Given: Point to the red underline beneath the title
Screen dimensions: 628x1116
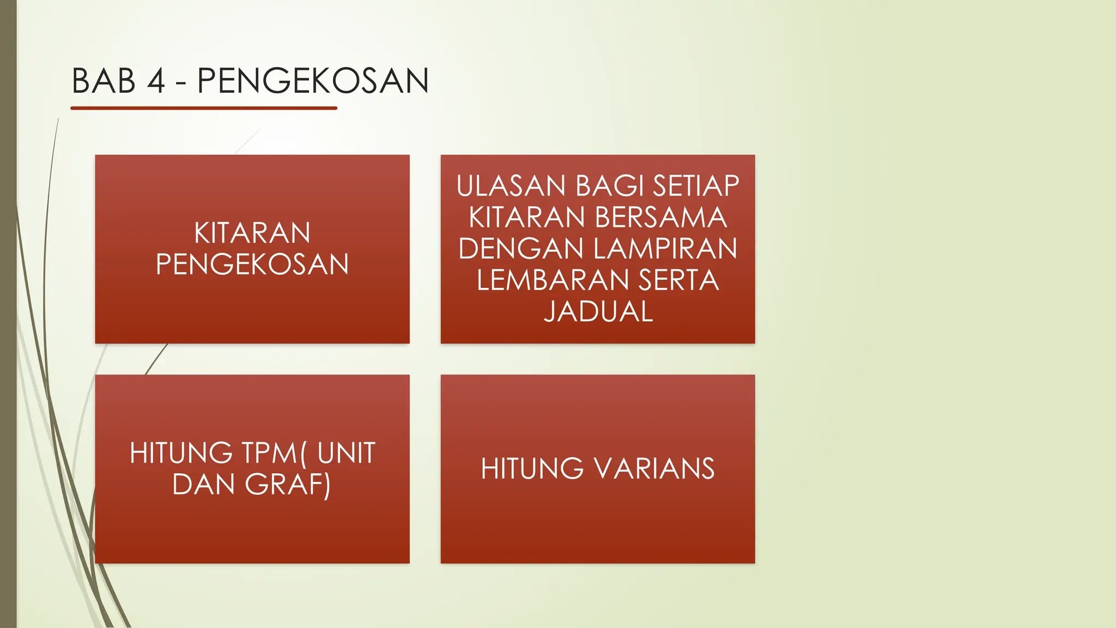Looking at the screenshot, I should coord(204,108).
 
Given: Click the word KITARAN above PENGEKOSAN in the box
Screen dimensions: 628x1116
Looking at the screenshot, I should coord(252,233).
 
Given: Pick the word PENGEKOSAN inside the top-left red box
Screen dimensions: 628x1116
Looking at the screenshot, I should coord(252,264).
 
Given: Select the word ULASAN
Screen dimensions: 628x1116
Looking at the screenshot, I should coord(511,186).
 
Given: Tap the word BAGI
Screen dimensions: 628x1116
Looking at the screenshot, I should coord(609,186).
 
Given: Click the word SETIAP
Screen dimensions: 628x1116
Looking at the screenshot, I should coord(696,186).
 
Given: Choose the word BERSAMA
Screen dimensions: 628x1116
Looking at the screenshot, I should coord(660,217).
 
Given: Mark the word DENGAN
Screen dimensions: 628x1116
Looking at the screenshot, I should coord(521,249).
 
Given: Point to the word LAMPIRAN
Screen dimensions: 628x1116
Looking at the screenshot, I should coord(665,249).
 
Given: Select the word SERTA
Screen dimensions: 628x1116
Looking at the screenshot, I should coord(678,280).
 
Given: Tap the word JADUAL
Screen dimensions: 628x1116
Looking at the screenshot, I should coord(598,311).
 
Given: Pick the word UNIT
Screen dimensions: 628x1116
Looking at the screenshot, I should coord(347,453).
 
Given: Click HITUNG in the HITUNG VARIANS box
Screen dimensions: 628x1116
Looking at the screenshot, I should coord(532,469).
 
